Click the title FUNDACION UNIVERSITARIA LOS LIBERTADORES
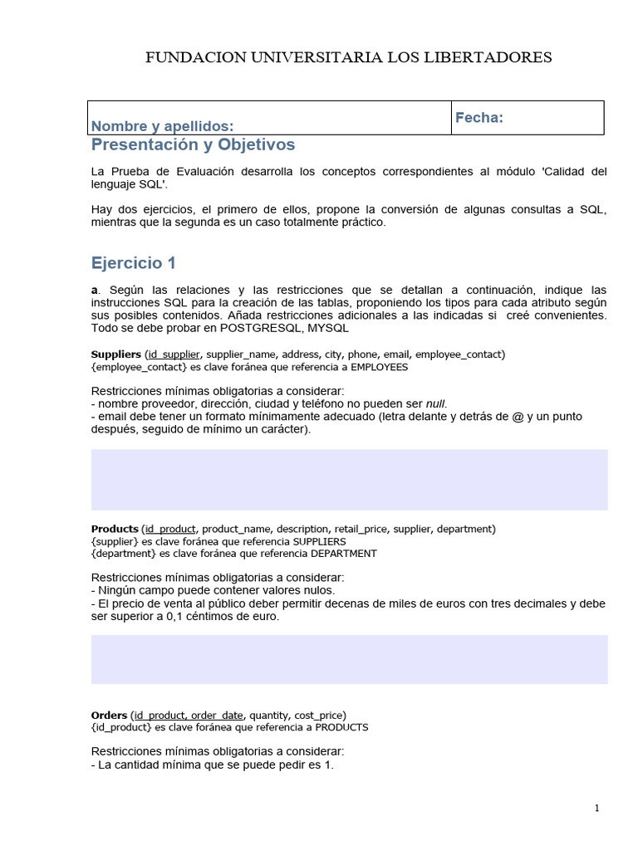click(x=349, y=57)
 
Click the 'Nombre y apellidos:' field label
click(x=162, y=126)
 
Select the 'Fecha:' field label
click(x=479, y=118)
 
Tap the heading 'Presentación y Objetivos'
click(x=193, y=145)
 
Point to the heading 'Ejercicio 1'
click(x=134, y=263)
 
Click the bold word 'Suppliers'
click(x=115, y=354)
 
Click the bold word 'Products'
click(x=114, y=529)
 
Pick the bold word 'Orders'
click(x=109, y=715)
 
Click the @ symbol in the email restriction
click(x=519, y=417)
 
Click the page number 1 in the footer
click(x=596, y=808)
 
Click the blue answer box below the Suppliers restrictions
click(x=349, y=480)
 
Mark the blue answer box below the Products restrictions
click(x=349, y=659)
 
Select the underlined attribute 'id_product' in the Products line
click(x=171, y=529)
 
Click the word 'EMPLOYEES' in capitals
click(x=378, y=367)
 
